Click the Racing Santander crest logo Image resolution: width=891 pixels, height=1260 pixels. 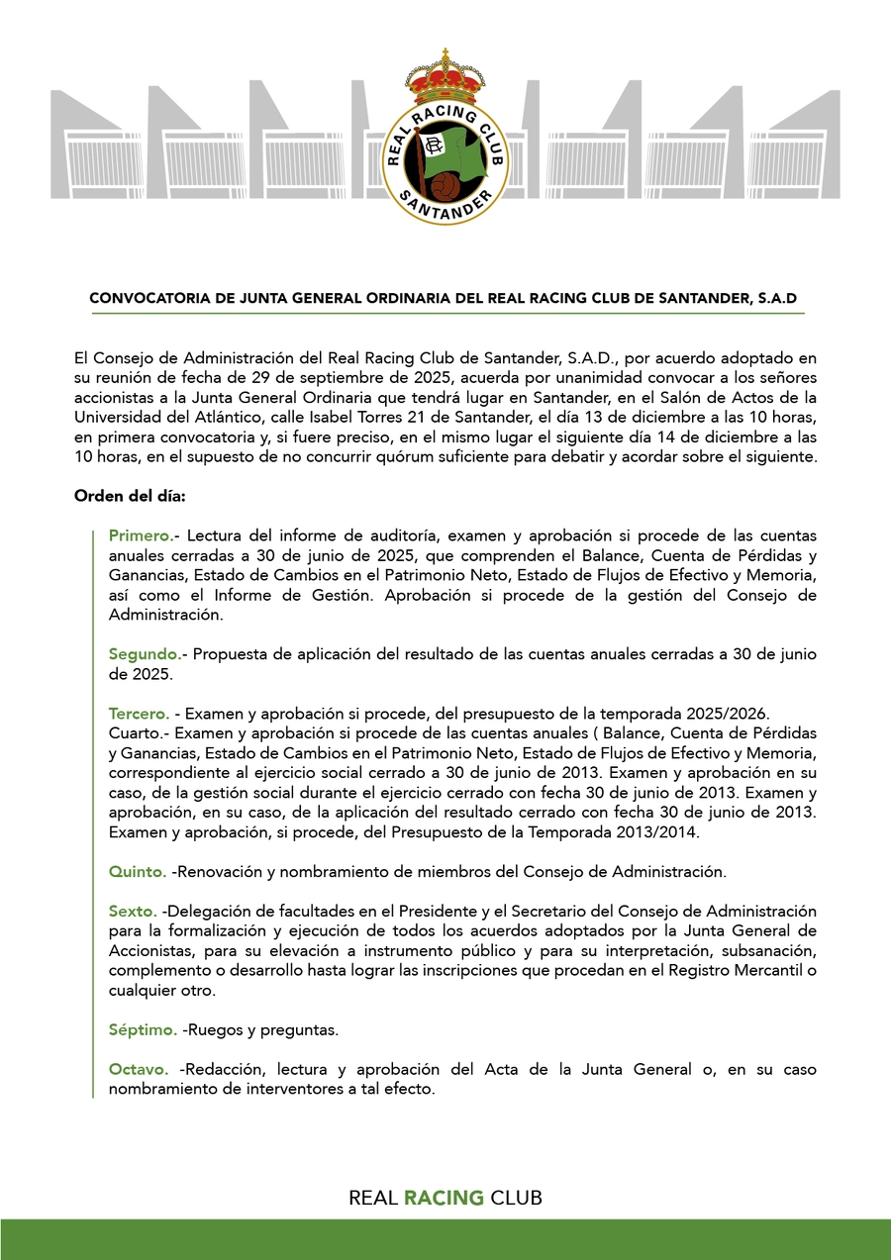pyautogui.click(x=445, y=140)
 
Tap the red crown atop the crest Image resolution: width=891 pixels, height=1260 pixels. pyautogui.click(x=445, y=73)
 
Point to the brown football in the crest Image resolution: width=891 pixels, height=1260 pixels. pyautogui.click(x=438, y=184)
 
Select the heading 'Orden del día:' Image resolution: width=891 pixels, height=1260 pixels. pyautogui.click(x=122, y=496)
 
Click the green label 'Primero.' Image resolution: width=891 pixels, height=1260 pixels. pyautogui.click(x=141, y=535)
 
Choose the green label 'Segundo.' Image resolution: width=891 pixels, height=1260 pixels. pyautogui.click(x=145, y=654)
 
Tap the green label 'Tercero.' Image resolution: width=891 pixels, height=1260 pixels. pyautogui.click(x=139, y=714)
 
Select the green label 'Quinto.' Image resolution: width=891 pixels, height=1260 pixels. pyautogui.click(x=138, y=872)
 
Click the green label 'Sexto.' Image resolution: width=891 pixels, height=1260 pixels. pyautogui.click(x=133, y=911)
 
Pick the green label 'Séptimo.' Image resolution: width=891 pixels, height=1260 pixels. pyautogui.click(x=143, y=1029)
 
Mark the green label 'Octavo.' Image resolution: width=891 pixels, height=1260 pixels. pyautogui.click(x=139, y=1069)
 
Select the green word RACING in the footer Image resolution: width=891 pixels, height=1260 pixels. pyautogui.click(x=444, y=1198)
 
